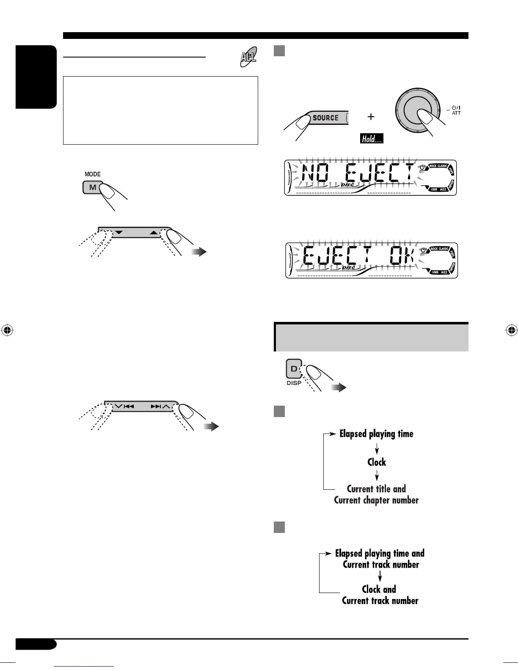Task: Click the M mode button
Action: [x=92, y=187]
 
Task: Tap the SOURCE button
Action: [x=325, y=118]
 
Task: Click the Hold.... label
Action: [x=372, y=138]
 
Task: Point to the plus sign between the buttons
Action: [x=371, y=117]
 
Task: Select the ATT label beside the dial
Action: [x=456, y=113]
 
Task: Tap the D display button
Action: [x=294, y=369]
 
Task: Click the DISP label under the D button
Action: [x=294, y=383]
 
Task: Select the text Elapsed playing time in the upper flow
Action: [x=376, y=434]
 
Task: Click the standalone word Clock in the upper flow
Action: [x=377, y=462]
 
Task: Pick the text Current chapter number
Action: [x=376, y=500]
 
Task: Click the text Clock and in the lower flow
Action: [x=379, y=590]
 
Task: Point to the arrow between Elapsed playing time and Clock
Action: [x=377, y=448]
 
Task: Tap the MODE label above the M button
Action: [x=93, y=174]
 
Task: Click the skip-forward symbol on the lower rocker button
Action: [x=156, y=406]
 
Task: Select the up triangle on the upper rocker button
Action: [x=153, y=233]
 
